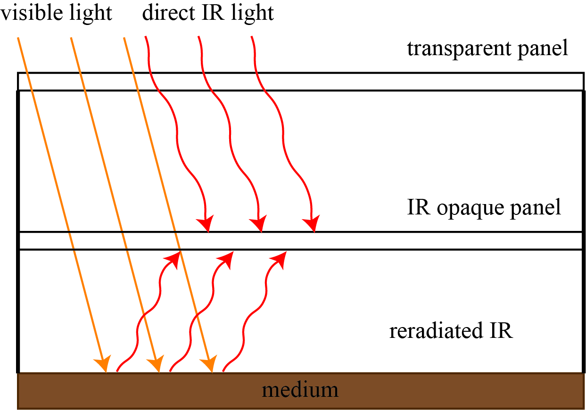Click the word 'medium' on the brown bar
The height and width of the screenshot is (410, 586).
point(300,390)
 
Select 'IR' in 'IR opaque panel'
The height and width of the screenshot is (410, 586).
point(419,208)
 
